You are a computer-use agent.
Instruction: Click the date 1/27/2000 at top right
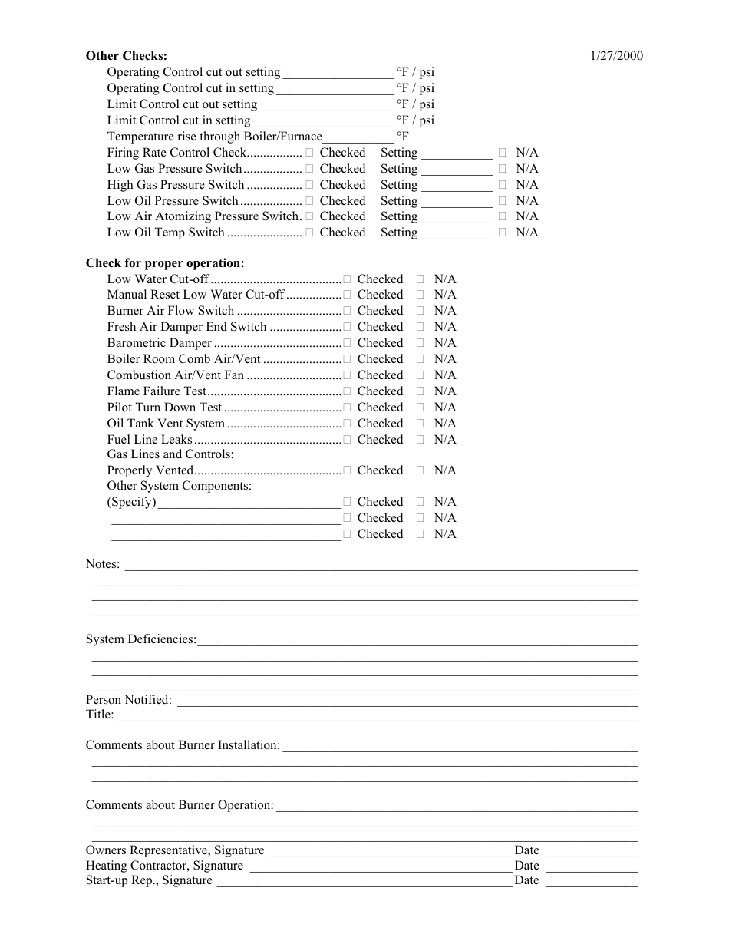tap(617, 56)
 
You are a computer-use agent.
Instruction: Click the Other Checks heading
tap(126, 56)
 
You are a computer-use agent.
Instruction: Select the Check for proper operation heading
tap(165, 263)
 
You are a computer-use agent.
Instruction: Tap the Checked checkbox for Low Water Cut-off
tap(348, 279)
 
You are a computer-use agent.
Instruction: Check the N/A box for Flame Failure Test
tap(421, 391)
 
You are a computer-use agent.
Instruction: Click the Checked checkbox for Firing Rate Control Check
tap(309, 153)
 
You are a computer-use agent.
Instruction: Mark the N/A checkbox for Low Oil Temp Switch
tap(503, 233)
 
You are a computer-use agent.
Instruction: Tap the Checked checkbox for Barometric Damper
tap(348, 343)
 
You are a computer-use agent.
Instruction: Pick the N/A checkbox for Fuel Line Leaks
tap(421, 440)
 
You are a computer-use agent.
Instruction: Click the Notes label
tap(103, 564)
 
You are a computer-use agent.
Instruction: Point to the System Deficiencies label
tap(141, 639)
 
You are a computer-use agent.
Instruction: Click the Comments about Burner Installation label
tap(183, 745)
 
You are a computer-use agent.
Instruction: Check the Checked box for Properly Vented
tap(348, 470)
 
